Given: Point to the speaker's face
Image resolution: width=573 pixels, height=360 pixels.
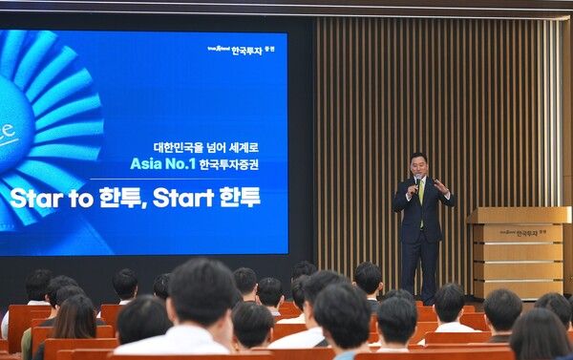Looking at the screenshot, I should (418, 164).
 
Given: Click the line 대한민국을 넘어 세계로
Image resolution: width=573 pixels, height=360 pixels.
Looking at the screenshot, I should (206, 148).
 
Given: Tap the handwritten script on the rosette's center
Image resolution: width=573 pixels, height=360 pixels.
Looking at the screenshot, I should (8, 134).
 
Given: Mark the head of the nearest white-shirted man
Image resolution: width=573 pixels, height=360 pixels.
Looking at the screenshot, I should (202, 291).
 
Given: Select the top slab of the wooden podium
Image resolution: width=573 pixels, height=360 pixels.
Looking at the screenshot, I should (520, 215).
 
